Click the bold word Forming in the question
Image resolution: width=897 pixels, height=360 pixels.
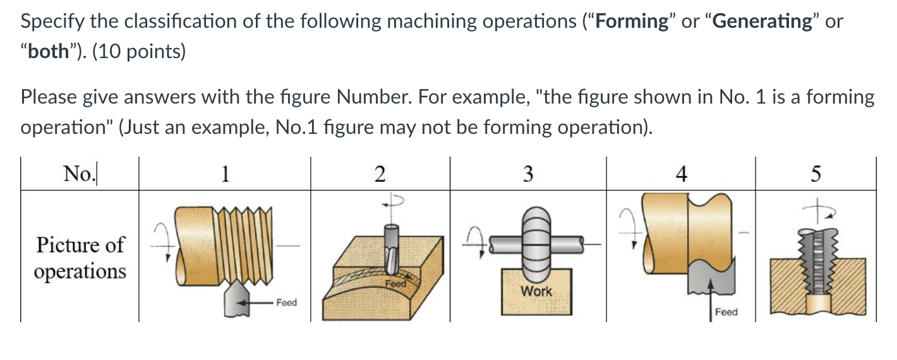[x=632, y=21]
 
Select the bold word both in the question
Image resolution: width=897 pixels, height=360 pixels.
[x=47, y=52]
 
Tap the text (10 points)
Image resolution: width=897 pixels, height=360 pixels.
[x=139, y=52]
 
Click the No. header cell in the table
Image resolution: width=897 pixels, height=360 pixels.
[x=80, y=173]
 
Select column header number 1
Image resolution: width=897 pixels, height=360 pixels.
[x=225, y=173]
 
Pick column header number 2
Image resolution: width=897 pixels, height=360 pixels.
[x=380, y=173]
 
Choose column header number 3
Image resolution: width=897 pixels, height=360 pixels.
[x=528, y=173]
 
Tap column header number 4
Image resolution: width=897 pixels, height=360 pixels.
[x=680, y=173]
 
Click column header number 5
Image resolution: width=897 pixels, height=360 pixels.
[x=816, y=173]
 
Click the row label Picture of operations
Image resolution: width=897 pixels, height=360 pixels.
[x=80, y=258]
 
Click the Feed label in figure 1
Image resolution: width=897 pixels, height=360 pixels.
[x=286, y=303]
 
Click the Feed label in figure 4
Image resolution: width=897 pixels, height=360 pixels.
[x=726, y=312]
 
